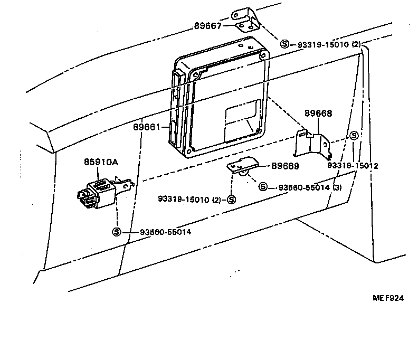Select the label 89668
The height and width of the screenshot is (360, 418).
pyautogui.click(x=319, y=112)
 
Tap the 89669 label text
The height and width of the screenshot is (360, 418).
pyautogui.click(x=286, y=166)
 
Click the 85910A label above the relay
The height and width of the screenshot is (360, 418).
pyautogui.click(x=100, y=163)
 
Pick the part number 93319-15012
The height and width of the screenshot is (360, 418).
pyautogui.click(x=353, y=165)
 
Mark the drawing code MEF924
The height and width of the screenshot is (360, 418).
pyautogui.click(x=388, y=298)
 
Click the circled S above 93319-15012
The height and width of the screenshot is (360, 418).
pyautogui.click(x=354, y=136)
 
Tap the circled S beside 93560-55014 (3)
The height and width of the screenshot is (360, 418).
pyautogui.click(x=263, y=186)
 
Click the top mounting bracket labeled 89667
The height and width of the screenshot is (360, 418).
pyautogui.click(x=246, y=21)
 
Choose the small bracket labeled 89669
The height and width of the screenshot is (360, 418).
pyautogui.click(x=243, y=167)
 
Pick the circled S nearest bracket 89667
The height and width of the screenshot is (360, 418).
pyautogui.click(x=285, y=44)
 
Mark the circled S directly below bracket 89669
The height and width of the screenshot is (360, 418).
pyautogui.click(x=231, y=199)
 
